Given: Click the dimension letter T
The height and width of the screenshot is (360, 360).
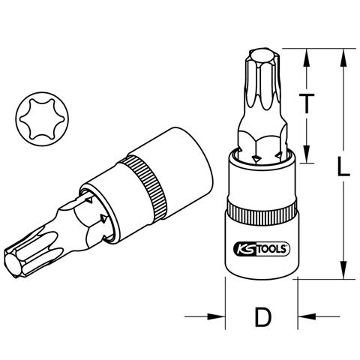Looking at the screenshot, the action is (307, 103).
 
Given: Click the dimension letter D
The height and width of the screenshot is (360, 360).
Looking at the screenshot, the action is (262, 317).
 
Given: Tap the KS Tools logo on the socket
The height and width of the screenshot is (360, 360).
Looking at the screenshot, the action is (262, 249).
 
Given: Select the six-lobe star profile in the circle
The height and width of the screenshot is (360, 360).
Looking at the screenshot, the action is (42, 118).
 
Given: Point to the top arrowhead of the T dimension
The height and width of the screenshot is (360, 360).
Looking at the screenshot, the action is (307, 58).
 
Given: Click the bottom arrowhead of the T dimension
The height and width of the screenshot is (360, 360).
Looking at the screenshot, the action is (307, 154).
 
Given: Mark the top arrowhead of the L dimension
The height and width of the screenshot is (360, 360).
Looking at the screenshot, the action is (343, 58).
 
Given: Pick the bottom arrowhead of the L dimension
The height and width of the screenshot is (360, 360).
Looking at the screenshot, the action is (343, 270).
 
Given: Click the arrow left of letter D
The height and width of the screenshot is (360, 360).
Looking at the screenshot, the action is (205, 316).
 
